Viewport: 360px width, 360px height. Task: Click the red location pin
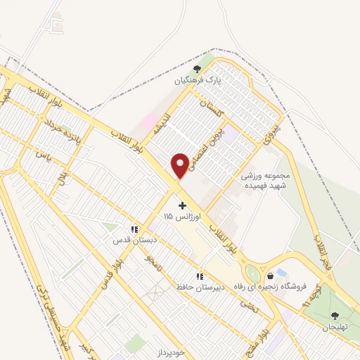[180, 165]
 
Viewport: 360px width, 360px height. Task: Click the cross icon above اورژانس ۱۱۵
[183, 205]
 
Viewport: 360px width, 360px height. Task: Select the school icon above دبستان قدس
[134, 229]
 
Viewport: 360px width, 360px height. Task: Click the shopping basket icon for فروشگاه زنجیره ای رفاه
[271, 276]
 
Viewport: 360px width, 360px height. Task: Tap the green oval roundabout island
[252, 274]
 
